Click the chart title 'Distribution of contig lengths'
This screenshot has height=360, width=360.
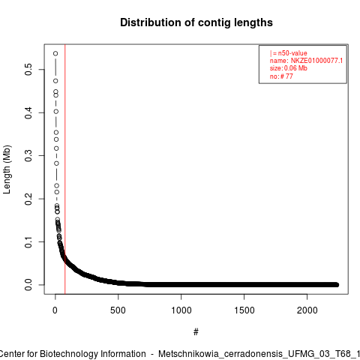[196, 22]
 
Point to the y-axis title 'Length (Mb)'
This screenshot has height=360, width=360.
[7, 169]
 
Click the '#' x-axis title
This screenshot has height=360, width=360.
[196, 332]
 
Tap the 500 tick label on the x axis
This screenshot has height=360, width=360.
[118, 310]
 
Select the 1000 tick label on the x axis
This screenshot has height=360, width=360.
[181, 310]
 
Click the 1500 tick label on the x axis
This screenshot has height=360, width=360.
[244, 310]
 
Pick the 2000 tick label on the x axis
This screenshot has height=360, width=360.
[307, 310]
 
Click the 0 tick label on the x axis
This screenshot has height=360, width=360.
[55, 310]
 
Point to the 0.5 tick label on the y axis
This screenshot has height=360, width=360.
[28, 69]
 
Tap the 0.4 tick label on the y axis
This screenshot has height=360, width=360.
[28, 112]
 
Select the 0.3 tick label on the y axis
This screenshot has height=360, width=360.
[28, 155]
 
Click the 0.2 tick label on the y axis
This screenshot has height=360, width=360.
[28, 199]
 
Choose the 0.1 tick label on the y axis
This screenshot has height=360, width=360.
[28, 241]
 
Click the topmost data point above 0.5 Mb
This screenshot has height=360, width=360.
[55, 53]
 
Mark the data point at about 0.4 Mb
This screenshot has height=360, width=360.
[56, 112]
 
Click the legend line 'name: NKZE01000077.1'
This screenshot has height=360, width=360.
[306, 61]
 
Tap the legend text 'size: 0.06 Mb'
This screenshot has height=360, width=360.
[288, 68]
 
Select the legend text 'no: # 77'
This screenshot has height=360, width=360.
[281, 76]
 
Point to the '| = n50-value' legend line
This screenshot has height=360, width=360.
[288, 53]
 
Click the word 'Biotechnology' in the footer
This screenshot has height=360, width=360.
[67, 354]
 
